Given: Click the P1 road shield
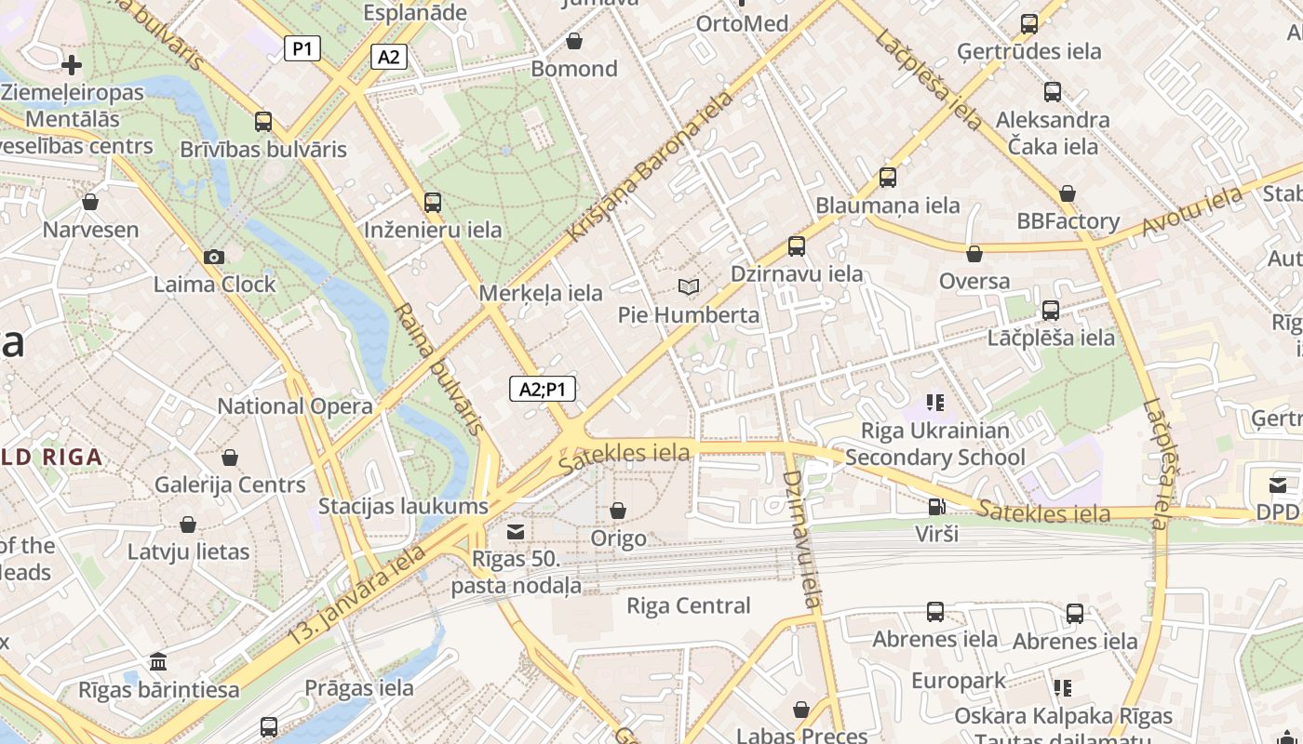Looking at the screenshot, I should (x=302, y=48).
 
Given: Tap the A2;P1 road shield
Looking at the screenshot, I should (x=543, y=389).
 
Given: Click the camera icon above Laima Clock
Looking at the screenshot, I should (x=214, y=257).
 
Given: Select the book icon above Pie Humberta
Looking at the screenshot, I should (x=689, y=286).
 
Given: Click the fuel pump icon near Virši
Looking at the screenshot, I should (x=936, y=507).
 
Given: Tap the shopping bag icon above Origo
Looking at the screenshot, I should (x=618, y=511).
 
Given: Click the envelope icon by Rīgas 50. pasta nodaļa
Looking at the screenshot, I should (x=515, y=531).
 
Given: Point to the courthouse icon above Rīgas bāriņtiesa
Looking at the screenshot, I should (x=158, y=662).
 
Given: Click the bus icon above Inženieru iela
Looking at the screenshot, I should (x=432, y=202).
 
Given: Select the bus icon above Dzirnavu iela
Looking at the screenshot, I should (x=797, y=246).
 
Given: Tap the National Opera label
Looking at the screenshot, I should (x=295, y=405).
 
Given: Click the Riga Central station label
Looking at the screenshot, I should (x=689, y=605).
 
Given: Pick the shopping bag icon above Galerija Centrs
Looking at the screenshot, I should (x=230, y=457).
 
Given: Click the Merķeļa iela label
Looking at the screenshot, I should (x=541, y=293).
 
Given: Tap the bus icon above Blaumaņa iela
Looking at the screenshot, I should (x=888, y=177).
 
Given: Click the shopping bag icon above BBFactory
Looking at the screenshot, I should (x=1068, y=193).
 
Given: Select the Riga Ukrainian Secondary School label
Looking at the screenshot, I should (x=935, y=444).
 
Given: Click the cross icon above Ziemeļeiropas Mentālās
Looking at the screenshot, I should (x=72, y=64).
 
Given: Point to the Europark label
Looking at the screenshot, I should (x=959, y=680).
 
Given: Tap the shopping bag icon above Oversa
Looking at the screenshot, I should (x=974, y=253).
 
